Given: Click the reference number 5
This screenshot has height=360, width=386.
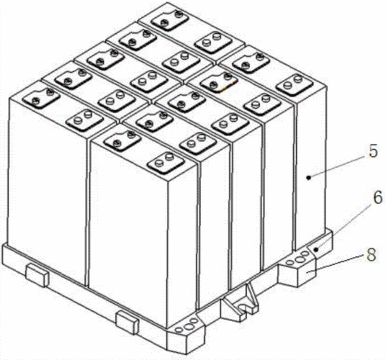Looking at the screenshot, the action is (373, 151).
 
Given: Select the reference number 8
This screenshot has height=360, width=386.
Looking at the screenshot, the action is (371, 255).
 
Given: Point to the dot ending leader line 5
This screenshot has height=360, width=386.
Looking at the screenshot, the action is (308, 177).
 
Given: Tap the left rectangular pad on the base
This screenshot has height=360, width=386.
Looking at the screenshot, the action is (37, 274).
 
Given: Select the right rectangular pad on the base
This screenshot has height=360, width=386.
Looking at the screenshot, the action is (127, 322).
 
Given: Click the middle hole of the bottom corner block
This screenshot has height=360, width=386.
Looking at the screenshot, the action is (189, 327).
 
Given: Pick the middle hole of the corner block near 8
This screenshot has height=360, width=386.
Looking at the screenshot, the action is (300, 259).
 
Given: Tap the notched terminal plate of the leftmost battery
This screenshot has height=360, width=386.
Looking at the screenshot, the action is (41, 97).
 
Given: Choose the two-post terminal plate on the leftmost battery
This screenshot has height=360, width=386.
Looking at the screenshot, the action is (84, 119).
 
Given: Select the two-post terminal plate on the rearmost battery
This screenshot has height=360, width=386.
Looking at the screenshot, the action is (212, 41).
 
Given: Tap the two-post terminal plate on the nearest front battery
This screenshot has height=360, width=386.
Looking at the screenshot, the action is (166, 162).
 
